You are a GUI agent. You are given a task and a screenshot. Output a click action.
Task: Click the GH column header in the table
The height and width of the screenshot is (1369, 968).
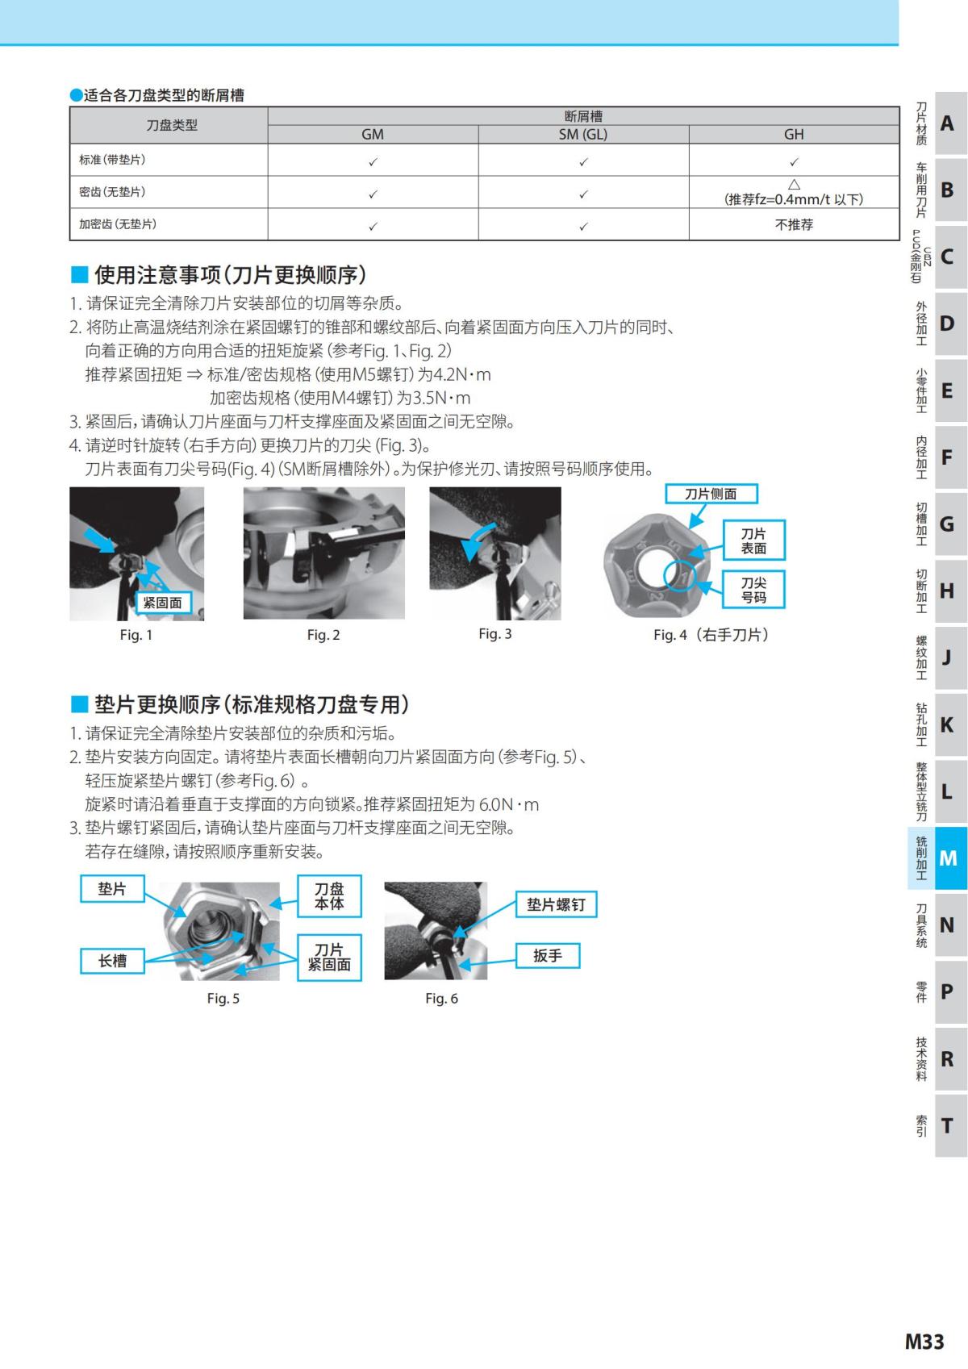tap(794, 135)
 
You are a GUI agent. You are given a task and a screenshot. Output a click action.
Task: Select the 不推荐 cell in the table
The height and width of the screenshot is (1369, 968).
tap(794, 224)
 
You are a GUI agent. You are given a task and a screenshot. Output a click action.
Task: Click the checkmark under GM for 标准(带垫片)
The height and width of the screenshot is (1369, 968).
tap(373, 161)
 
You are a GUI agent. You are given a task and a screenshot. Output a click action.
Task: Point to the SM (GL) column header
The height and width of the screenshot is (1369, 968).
tap(583, 135)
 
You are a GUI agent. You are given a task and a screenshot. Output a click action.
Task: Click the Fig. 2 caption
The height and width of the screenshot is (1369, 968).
tap(323, 635)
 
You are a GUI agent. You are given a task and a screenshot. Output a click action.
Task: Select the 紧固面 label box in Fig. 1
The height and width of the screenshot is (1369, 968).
tap(163, 603)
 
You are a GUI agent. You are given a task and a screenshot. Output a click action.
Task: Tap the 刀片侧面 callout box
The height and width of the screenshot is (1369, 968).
tap(711, 494)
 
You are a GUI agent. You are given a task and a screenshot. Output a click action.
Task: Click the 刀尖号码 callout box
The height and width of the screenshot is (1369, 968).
tap(753, 590)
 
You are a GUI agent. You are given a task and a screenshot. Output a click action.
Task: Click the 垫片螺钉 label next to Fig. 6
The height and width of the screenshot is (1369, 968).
tap(556, 905)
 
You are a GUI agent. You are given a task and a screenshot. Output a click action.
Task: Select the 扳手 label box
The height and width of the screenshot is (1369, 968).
tap(547, 956)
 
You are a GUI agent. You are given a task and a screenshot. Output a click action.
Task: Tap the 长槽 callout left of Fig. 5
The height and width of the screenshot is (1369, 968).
tap(112, 961)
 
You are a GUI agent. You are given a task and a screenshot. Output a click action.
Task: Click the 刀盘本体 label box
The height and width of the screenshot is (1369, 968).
tap(329, 896)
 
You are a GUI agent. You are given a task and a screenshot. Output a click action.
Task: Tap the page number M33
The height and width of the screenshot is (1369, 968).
tap(924, 1341)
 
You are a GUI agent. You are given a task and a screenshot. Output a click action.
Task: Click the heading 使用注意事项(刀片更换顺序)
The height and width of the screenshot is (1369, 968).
tap(230, 275)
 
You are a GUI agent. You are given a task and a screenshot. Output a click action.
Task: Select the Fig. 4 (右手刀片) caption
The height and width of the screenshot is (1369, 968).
tap(711, 635)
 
